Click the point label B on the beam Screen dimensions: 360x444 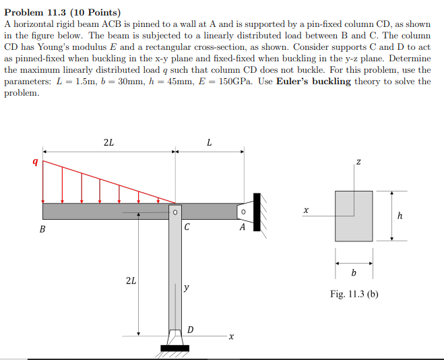point(43,229)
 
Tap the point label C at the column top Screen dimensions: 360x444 point(186,228)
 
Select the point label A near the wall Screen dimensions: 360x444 point(242,228)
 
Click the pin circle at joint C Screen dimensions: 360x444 point(175,211)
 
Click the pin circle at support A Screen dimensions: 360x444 point(243,211)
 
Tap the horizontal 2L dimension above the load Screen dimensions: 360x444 point(108,142)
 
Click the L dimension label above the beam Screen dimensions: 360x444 point(210,142)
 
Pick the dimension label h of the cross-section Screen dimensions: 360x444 point(400,216)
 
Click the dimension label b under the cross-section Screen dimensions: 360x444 point(354,273)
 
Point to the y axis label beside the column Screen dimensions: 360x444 point(186,288)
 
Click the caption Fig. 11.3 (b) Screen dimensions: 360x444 point(354,294)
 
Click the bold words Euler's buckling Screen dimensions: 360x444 point(313,81)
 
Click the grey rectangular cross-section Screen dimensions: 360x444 point(354,215)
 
